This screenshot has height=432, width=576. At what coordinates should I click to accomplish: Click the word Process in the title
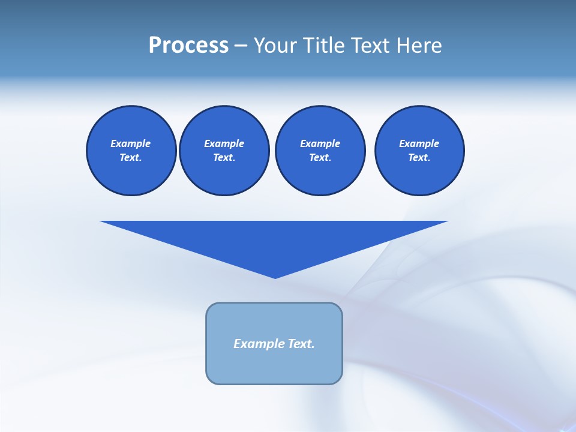pos(188,46)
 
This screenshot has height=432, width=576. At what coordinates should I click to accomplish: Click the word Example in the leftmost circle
pos(131,143)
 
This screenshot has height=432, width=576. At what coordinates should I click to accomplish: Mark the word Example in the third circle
pos(320,143)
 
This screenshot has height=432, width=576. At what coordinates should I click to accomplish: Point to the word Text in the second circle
pos(223,157)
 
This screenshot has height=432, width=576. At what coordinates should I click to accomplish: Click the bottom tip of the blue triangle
pos(275,277)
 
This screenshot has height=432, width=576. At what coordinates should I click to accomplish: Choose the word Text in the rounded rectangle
pos(301,344)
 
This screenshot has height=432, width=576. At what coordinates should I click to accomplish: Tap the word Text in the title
pos(371,46)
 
